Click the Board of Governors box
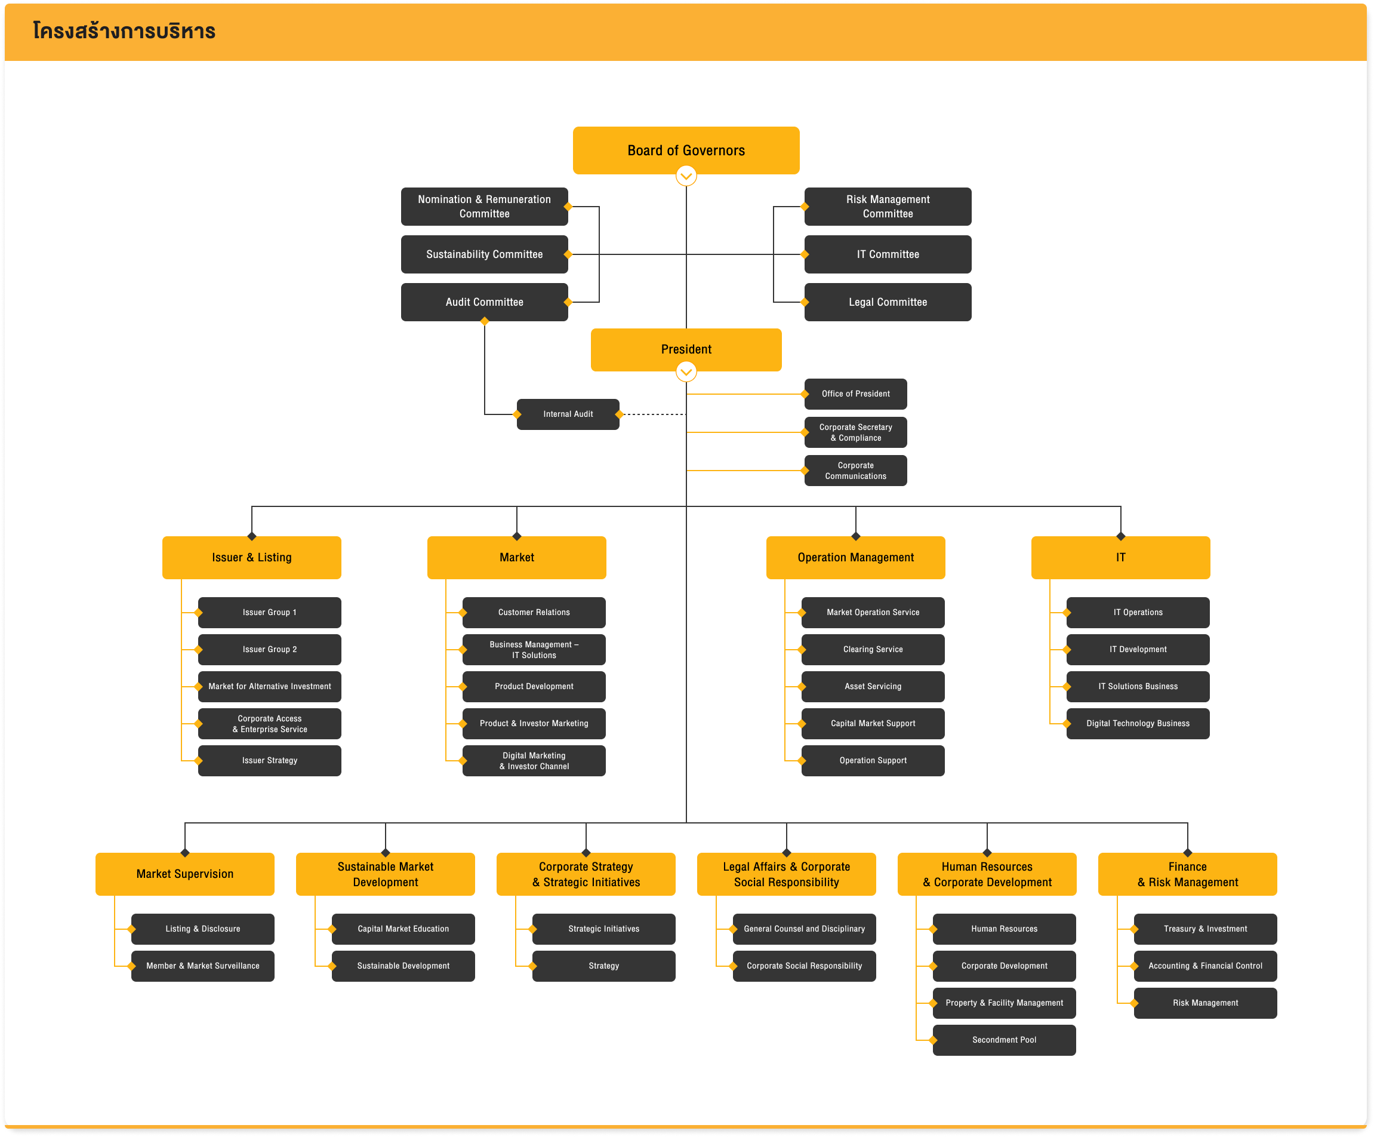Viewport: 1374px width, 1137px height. click(686, 150)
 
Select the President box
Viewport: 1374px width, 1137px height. click(686, 349)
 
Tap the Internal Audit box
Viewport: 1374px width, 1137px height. click(567, 414)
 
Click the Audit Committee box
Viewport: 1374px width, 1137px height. click(484, 302)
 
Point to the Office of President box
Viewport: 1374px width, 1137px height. click(855, 394)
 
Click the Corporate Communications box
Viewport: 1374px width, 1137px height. click(855, 470)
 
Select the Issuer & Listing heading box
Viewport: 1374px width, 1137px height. click(251, 557)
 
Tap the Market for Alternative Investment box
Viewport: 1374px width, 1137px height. click(269, 686)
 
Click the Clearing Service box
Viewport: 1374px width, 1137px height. click(872, 649)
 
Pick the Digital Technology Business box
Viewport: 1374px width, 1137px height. click(1137, 723)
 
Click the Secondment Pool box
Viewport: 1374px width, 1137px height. click(1004, 1040)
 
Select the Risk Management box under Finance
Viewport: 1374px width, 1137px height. click(1204, 1002)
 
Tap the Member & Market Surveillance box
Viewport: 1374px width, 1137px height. click(202, 966)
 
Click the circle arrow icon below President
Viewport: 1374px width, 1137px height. click(686, 372)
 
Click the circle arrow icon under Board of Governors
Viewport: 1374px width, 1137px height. click(686, 176)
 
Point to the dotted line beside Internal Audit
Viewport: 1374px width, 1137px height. click(652, 414)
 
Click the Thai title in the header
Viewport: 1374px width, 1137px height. click(124, 31)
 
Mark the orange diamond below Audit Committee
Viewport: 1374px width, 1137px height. click(484, 321)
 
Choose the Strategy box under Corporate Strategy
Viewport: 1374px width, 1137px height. click(603, 966)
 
